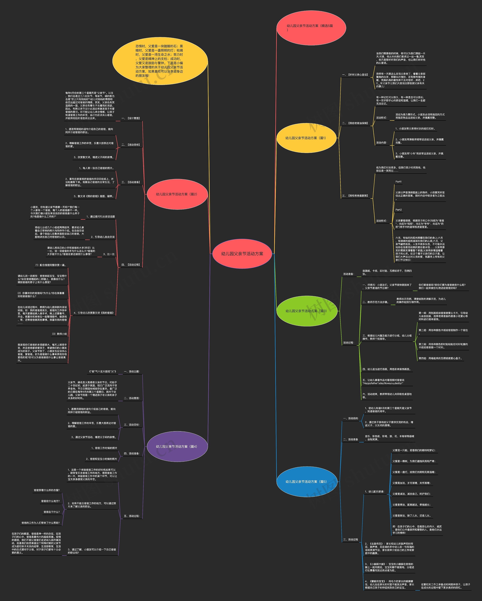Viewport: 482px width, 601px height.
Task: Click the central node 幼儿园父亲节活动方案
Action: pyautogui.click(x=242, y=254)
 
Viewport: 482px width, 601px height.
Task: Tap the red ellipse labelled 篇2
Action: pyautogui.click(x=177, y=194)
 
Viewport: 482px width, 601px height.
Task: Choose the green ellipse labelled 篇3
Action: pyautogui.click(x=307, y=311)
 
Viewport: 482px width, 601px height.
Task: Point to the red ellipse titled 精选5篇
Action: pyautogui.click(x=311, y=28)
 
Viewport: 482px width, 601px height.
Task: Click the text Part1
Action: pyautogui.click(x=398, y=182)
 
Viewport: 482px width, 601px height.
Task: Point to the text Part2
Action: pyautogui.click(x=398, y=210)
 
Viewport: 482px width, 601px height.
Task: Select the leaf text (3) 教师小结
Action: pyautogui.click(x=59, y=334)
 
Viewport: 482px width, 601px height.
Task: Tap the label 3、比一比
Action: pyautogui.click(x=109, y=254)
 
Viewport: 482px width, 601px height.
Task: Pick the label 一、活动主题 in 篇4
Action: pyautogui.click(x=132, y=372)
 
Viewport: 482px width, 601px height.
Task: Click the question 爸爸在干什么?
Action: pyautogui.click(x=52, y=512)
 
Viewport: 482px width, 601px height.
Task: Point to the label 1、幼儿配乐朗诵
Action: pyautogui.click(x=374, y=492)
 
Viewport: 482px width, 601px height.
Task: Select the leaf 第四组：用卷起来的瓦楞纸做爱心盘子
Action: pyautogui.click(x=440, y=358)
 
